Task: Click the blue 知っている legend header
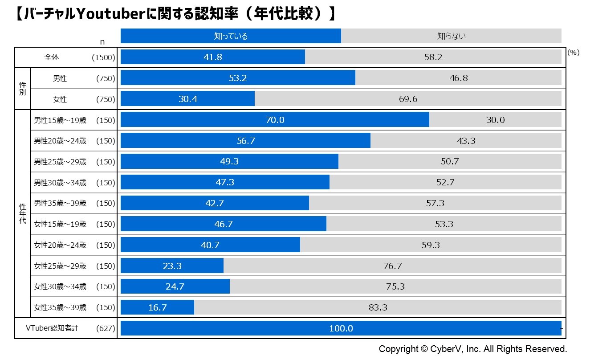point(231,36)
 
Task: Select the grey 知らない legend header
point(451,36)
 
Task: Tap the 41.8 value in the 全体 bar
point(212,57)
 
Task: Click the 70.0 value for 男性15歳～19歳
point(275,120)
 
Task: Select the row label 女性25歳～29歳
point(60,266)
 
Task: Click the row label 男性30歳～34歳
point(60,183)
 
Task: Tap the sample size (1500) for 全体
point(103,57)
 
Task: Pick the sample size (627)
point(106,328)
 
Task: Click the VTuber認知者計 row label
point(52,328)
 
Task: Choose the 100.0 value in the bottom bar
point(341,328)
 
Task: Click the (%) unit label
point(574,52)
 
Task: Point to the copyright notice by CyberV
point(472,348)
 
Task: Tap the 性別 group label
point(22,89)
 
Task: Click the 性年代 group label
point(22,213)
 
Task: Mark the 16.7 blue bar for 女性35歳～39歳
point(157,307)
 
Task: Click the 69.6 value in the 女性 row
point(407,99)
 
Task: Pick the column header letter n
point(102,41)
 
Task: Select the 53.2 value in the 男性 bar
point(237,78)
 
